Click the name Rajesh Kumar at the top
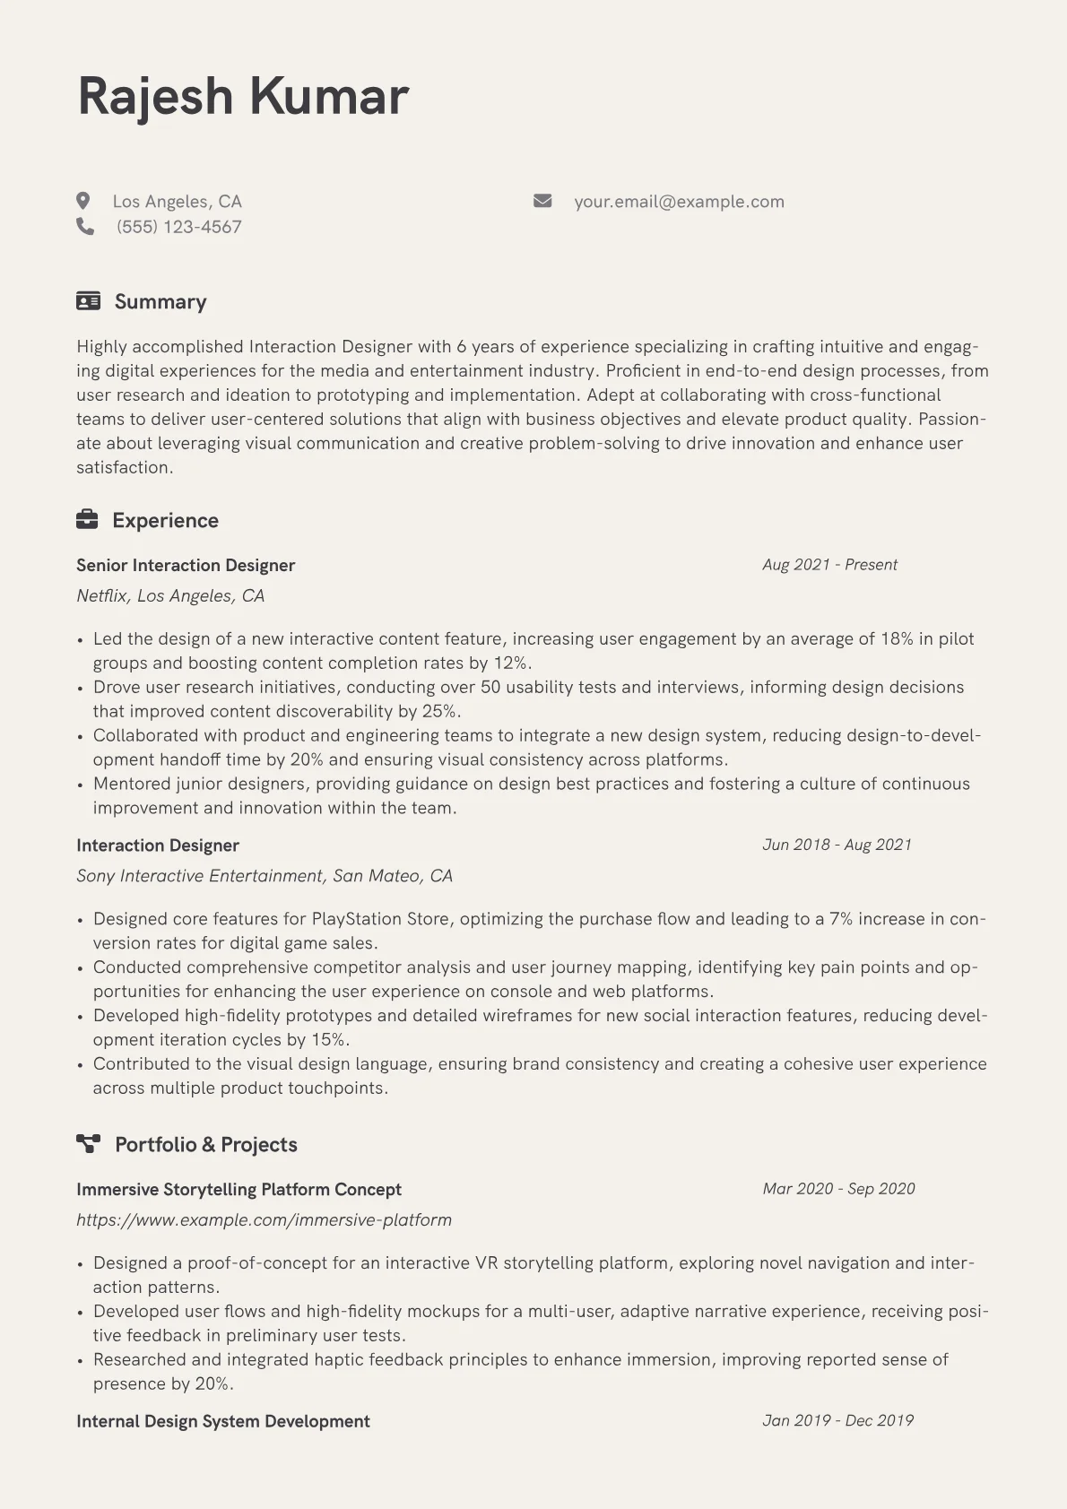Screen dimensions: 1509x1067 243,96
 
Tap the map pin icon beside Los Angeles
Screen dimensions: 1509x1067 83,201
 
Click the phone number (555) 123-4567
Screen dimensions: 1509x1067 178,227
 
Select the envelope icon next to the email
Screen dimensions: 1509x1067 542,201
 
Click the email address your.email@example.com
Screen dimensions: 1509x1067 679,202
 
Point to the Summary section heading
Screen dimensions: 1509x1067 160,302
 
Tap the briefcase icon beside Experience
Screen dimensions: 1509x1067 87,520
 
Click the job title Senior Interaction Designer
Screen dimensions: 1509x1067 186,566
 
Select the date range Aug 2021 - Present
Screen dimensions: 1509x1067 829,565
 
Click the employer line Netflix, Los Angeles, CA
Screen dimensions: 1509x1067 170,596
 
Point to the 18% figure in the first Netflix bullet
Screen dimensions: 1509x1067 897,639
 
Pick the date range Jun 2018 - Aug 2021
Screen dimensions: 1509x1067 837,845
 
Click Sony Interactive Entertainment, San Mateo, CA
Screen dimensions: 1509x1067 265,876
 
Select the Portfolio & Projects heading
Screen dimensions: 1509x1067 205,1145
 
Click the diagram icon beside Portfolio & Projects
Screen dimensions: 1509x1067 88,1144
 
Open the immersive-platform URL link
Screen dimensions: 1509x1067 264,1220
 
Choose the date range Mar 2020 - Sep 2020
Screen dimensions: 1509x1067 838,1189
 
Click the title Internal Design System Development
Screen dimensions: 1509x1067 223,1421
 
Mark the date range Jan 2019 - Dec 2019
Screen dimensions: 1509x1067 837,1420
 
